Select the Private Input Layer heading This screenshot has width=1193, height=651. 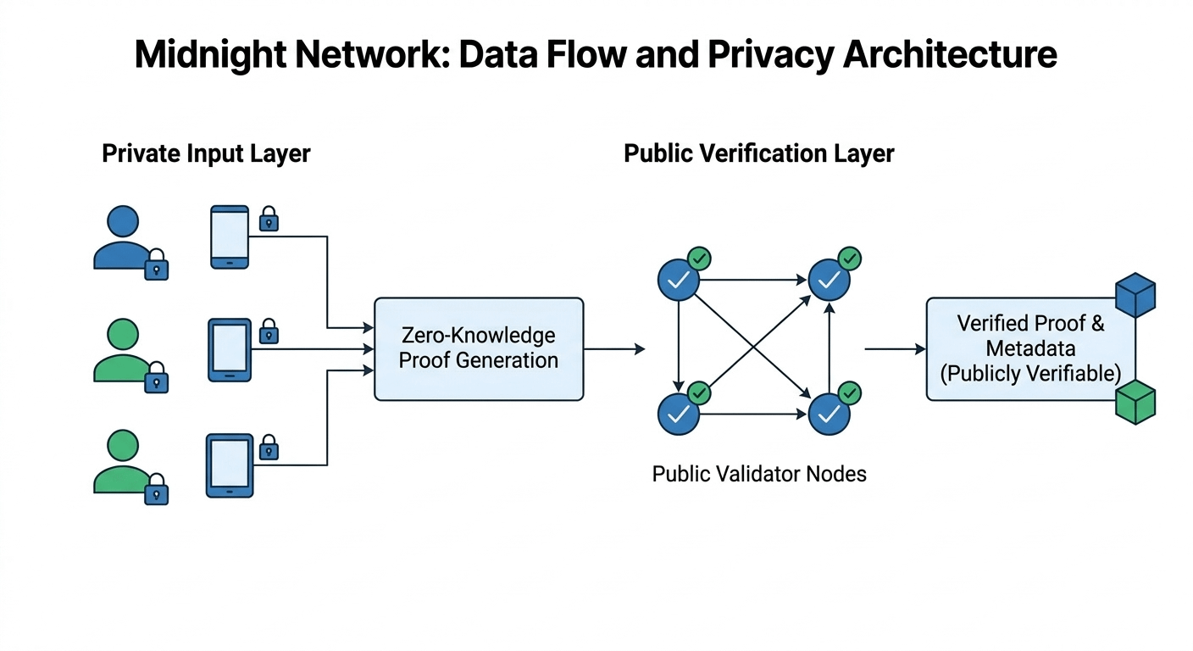coord(206,153)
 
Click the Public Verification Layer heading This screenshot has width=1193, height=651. coord(759,153)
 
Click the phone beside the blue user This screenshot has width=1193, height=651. coord(230,236)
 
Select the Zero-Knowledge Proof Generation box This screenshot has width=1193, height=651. coord(479,348)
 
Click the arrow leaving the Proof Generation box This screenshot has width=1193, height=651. coord(614,348)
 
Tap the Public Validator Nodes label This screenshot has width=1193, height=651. coord(759,473)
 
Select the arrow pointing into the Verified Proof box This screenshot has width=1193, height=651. coord(895,348)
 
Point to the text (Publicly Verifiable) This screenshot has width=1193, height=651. coord(1030,373)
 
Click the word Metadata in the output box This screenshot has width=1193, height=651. coord(1030,348)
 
